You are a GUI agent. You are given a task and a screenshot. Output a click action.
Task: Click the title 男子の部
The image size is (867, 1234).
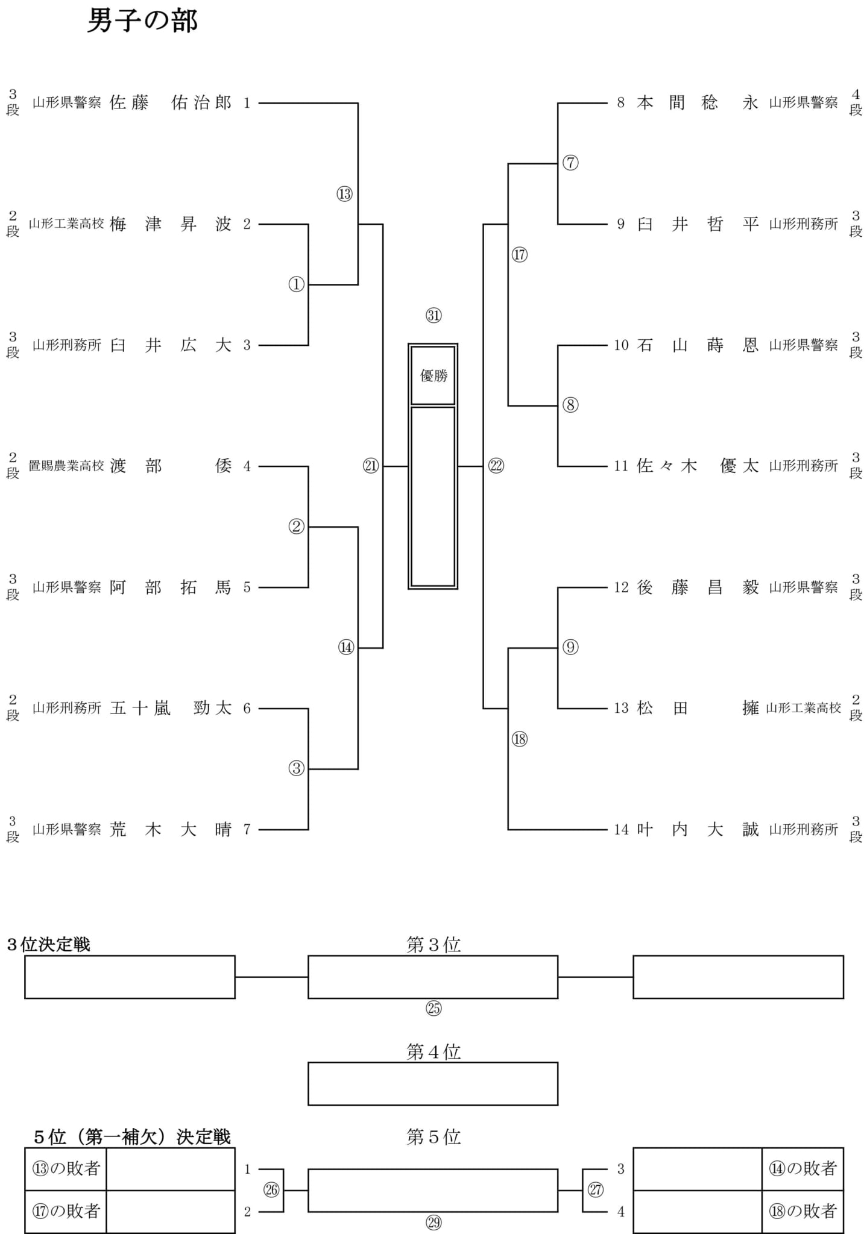pyautogui.click(x=143, y=21)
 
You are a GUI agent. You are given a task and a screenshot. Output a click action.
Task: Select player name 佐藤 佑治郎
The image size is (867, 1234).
pyautogui.click(x=171, y=103)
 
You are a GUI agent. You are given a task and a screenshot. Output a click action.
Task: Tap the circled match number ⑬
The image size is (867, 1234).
pyautogui.click(x=344, y=194)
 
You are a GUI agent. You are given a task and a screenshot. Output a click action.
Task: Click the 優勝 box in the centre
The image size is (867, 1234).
pyautogui.click(x=433, y=375)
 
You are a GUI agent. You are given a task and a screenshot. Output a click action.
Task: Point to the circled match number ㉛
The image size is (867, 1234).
pyautogui.click(x=433, y=315)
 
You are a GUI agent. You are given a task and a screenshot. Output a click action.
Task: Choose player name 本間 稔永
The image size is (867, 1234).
pyautogui.click(x=698, y=103)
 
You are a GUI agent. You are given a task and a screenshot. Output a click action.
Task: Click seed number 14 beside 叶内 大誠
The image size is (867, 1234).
pyautogui.click(x=622, y=830)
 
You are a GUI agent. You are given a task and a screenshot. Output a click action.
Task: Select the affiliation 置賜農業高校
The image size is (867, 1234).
pyautogui.click(x=66, y=466)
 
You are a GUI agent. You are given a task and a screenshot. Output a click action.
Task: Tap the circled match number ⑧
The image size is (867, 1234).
pyautogui.click(x=570, y=405)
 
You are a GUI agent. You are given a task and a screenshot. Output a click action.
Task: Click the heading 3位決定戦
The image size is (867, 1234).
pyautogui.click(x=48, y=944)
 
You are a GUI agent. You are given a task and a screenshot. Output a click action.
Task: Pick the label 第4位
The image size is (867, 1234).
pyautogui.click(x=433, y=1051)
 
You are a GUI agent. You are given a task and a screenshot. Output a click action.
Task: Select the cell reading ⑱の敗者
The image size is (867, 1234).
pyautogui.click(x=802, y=1211)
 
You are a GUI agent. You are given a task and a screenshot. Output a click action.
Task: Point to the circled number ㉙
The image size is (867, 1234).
pyautogui.click(x=433, y=1223)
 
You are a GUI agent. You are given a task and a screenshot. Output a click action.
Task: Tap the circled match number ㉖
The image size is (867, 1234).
pyautogui.click(x=272, y=1190)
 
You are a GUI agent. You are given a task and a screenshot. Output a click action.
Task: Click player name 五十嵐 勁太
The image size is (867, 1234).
pyautogui.click(x=171, y=708)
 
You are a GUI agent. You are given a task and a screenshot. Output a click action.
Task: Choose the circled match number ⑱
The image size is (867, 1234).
pyautogui.click(x=520, y=739)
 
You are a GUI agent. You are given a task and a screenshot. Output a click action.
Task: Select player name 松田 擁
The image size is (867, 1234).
pyautogui.click(x=698, y=708)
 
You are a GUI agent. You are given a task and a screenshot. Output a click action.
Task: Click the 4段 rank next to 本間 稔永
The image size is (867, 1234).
pyautogui.click(x=856, y=102)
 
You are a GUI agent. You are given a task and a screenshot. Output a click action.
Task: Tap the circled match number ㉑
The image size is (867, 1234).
pyautogui.click(x=371, y=466)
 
